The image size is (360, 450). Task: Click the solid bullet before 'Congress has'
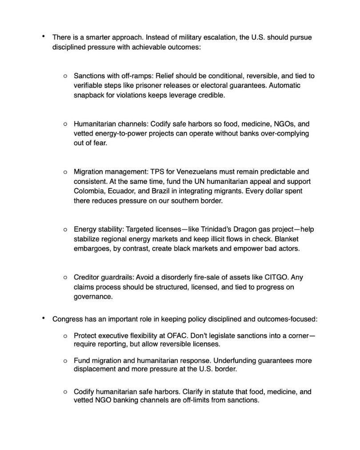point(43,319)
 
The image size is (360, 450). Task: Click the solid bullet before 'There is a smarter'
point(43,37)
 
